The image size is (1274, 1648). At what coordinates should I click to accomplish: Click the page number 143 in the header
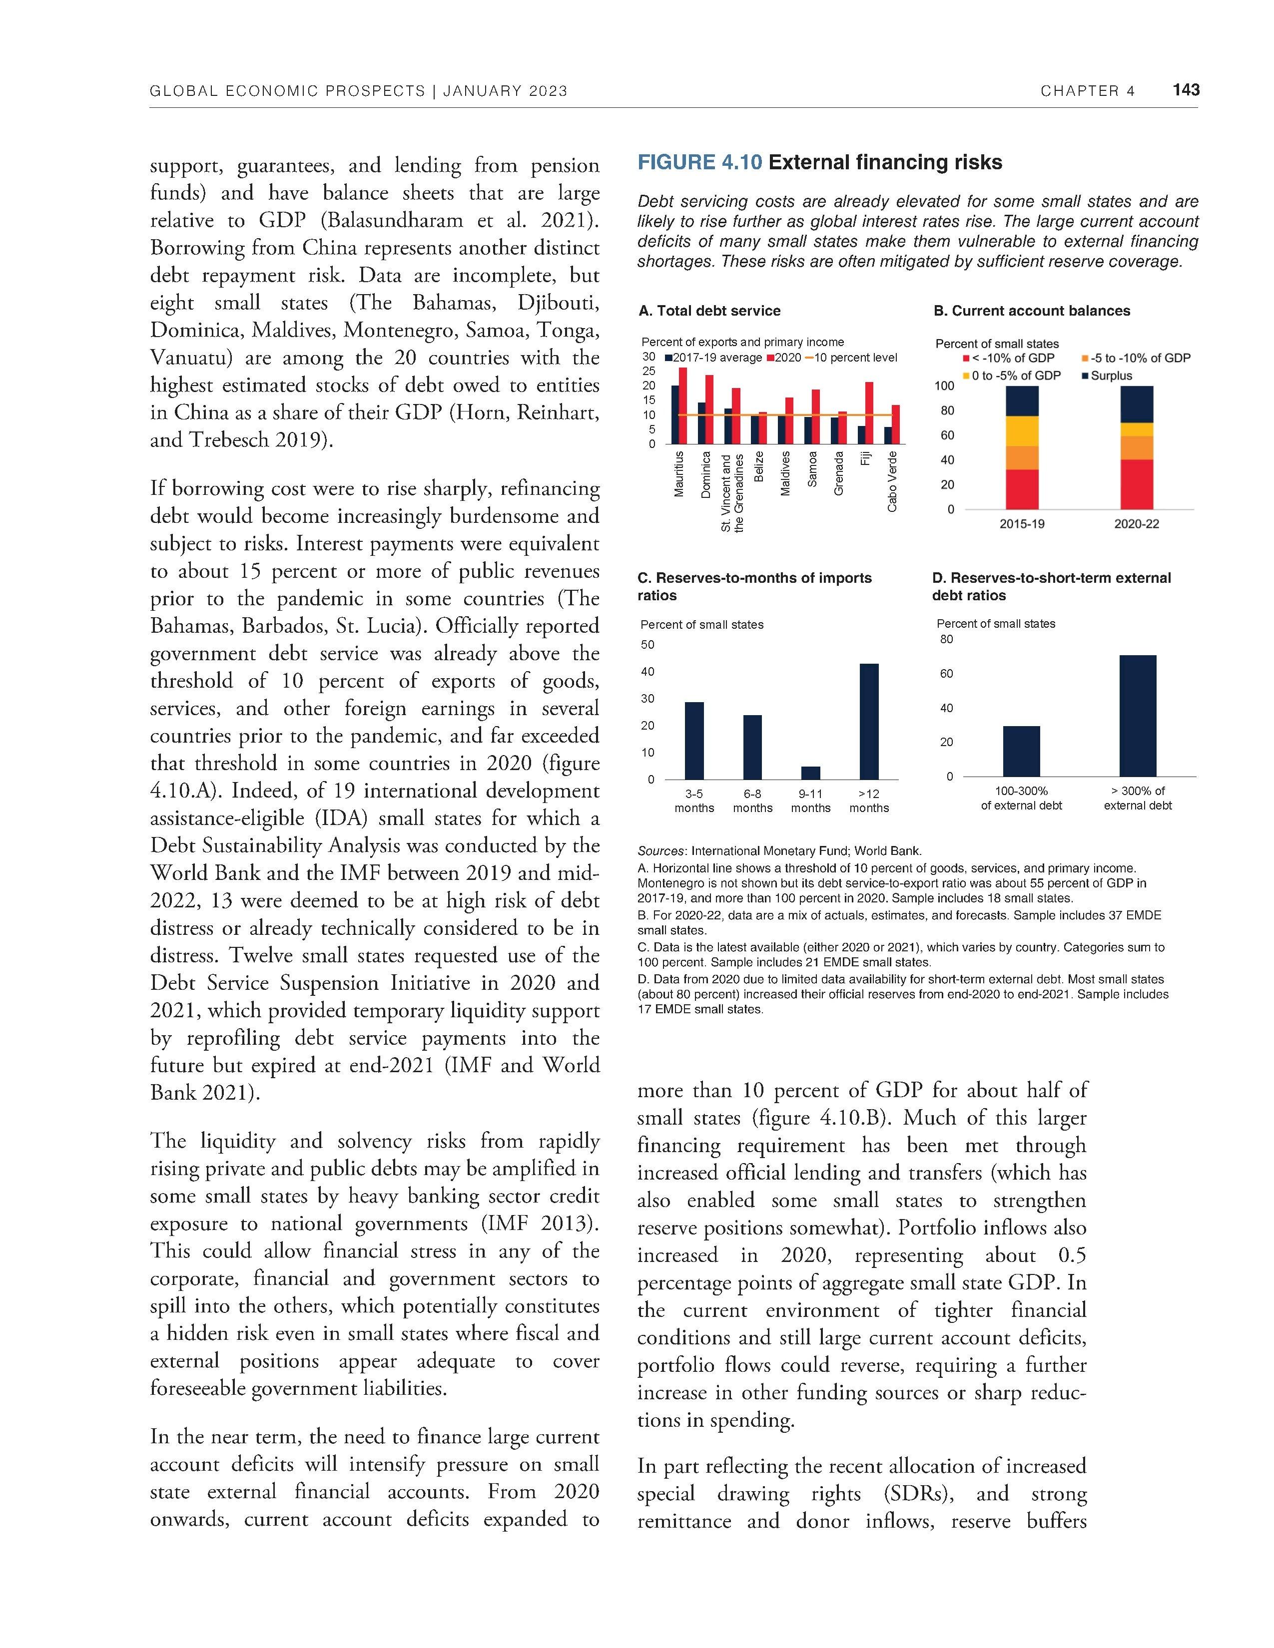tap(1186, 90)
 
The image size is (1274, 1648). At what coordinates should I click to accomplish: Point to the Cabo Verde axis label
tap(892, 481)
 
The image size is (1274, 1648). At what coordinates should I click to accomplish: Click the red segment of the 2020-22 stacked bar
tap(1136, 484)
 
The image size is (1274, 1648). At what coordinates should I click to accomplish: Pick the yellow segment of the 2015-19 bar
tap(1022, 431)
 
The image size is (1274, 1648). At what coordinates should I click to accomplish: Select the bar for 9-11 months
tap(810, 773)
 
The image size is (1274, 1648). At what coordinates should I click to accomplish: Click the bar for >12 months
tap(869, 722)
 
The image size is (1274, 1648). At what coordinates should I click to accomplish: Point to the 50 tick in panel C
tap(647, 644)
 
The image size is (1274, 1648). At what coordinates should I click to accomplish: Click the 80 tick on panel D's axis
tap(946, 639)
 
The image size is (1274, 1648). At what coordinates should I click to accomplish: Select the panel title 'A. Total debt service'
tap(709, 311)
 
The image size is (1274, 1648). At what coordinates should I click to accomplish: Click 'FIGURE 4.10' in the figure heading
tap(699, 162)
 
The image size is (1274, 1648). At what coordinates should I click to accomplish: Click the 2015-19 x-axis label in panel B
tap(1022, 524)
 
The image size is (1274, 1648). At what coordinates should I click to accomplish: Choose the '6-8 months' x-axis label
tap(752, 801)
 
